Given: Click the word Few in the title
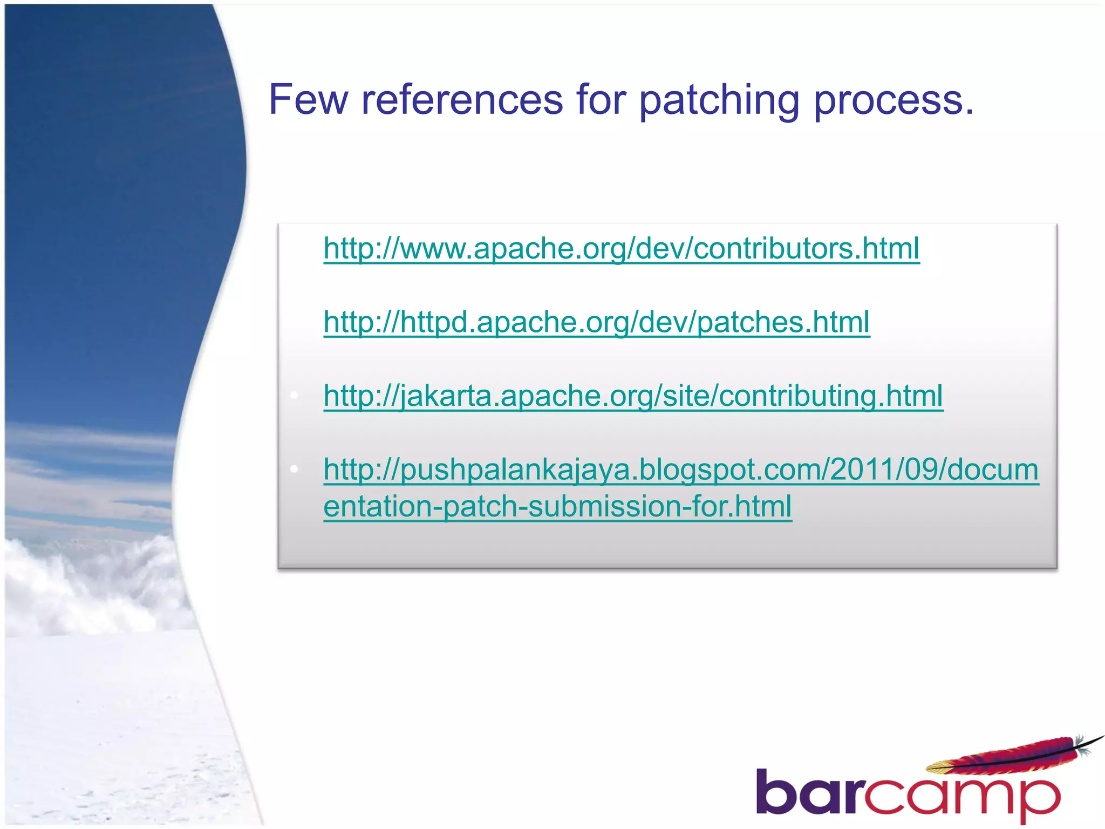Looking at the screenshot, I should (308, 100).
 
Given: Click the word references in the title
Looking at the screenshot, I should (462, 100).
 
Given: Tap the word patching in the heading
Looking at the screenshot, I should (719, 100).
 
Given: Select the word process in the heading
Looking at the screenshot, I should (888, 100).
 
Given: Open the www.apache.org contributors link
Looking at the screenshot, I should (621, 249).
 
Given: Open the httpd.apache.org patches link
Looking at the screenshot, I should (596, 322).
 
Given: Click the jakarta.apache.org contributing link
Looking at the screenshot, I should (633, 396).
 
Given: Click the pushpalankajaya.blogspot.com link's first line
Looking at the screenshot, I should (681, 470).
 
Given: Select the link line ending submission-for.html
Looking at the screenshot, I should (557, 506).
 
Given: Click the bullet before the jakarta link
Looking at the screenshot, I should (294, 396).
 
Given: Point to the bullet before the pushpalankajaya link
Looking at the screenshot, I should (294, 470).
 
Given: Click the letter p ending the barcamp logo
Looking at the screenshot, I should (1039, 799).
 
